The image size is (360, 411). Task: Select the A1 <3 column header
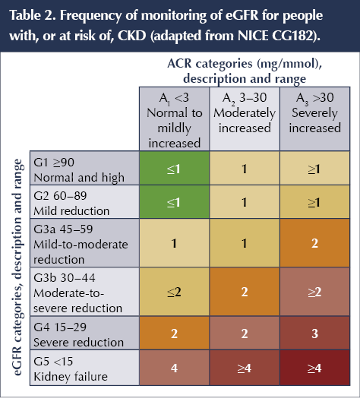tap(174, 119)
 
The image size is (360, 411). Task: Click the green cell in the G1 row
tap(174, 169)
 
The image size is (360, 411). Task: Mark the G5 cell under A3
tap(315, 368)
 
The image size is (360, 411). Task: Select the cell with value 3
tap(315, 334)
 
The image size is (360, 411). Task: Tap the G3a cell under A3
tap(315, 243)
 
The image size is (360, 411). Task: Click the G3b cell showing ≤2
tap(174, 292)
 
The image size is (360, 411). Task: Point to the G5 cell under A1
tap(174, 368)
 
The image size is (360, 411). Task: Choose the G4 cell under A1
tap(174, 334)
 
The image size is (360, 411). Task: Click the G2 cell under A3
tap(315, 202)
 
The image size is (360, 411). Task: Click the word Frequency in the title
tap(90, 16)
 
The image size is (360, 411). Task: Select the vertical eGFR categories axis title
tap(17, 267)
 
